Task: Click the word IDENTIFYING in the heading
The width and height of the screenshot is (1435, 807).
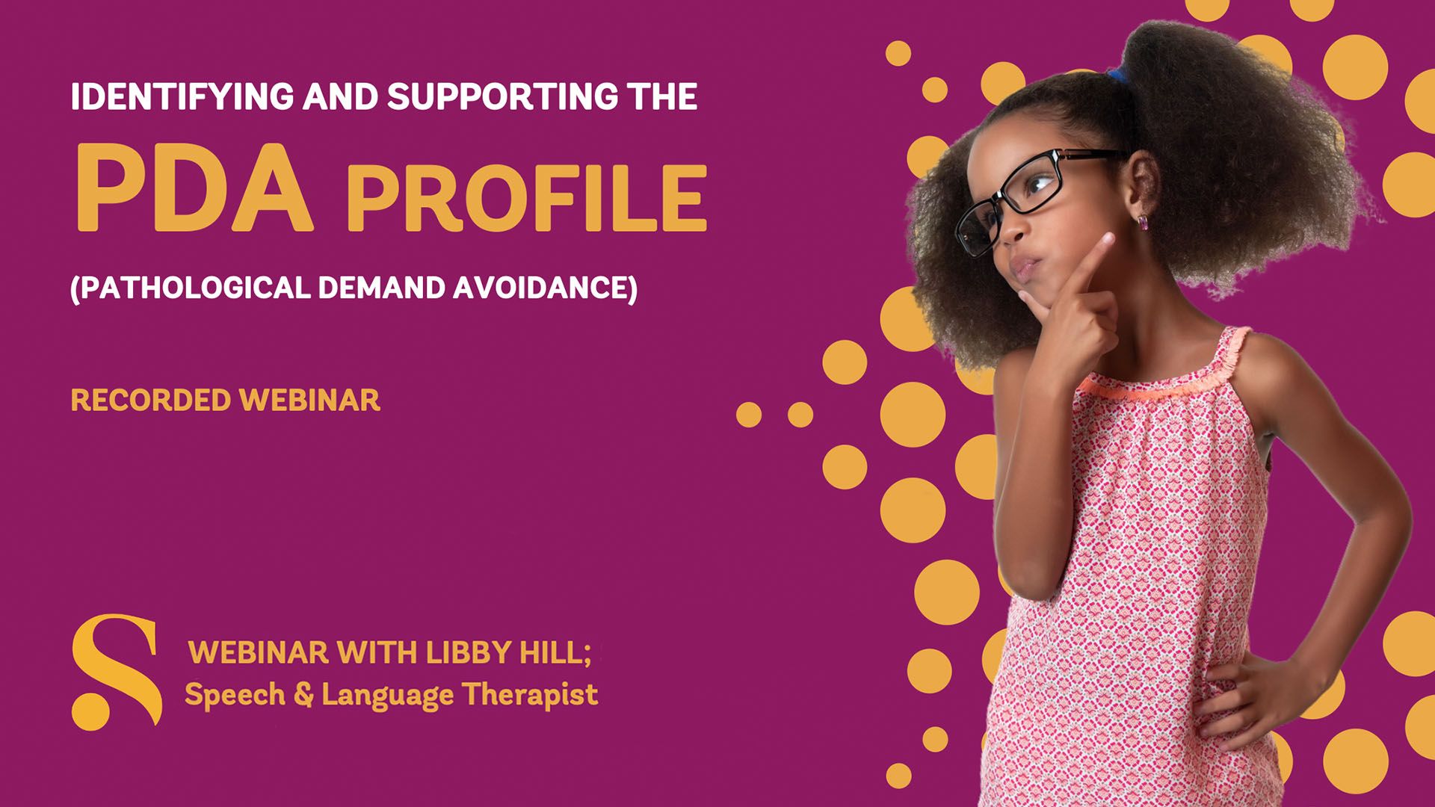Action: point(182,96)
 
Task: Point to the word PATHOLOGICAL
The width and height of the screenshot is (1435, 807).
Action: point(191,288)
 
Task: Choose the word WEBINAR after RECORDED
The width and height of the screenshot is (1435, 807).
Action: point(310,401)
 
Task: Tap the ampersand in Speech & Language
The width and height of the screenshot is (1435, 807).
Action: point(303,695)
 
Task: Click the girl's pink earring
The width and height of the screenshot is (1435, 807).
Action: point(1142,221)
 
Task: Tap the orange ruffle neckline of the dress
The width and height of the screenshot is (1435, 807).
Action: point(1166,374)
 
